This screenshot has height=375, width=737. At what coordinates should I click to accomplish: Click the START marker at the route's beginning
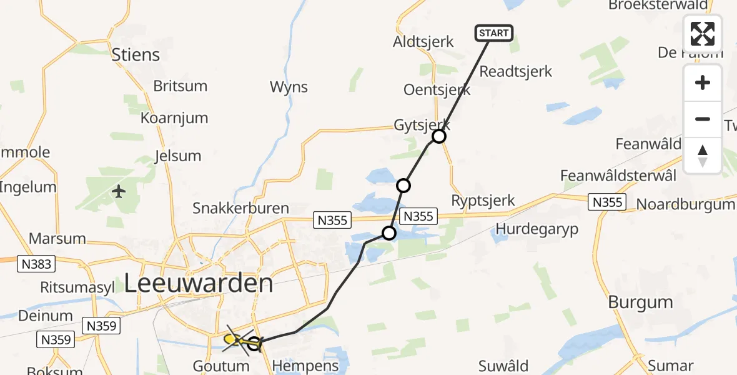(x=494, y=33)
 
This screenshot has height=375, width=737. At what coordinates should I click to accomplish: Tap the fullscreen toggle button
(x=703, y=34)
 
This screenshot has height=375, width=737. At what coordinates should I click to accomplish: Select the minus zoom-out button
(x=703, y=119)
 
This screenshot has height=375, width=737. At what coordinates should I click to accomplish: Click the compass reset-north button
(x=703, y=155)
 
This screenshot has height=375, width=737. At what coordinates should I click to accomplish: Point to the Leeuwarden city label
(x=199, y=283)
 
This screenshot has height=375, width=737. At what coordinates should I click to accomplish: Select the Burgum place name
(x=640, y=302)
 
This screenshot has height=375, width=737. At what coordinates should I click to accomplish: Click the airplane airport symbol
(x=119, y=191)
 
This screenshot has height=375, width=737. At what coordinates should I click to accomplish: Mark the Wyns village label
(x=289, y=86)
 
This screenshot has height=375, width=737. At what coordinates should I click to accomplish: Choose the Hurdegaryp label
(x=537, y=229)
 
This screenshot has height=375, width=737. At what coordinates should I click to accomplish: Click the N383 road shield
(x=36, y=264)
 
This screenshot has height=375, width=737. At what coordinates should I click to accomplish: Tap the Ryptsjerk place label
(x=483, y=201)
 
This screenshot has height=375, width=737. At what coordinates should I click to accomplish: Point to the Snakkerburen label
(x=240, y=208)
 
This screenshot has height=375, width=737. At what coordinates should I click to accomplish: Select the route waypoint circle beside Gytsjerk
(x=439, y=136)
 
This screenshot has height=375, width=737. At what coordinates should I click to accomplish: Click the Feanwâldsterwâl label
(x=618, y=175)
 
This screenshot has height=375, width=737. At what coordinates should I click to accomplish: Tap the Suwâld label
(x=503, y=365)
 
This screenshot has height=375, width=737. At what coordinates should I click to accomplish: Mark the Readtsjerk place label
(x=515, y=71)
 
